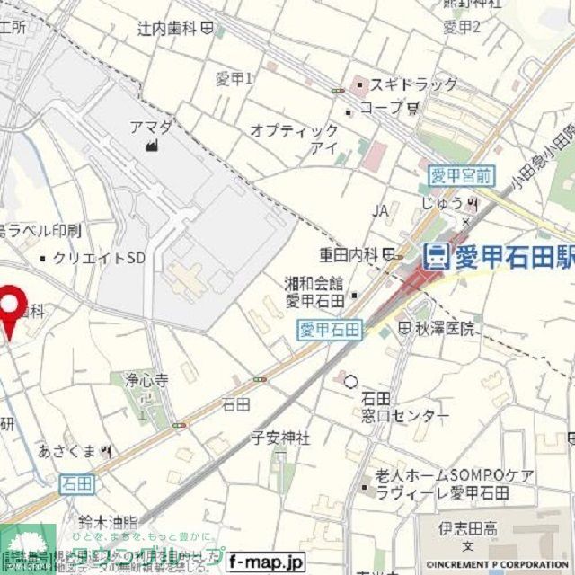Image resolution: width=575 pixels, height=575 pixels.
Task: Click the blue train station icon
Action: click(x=438, y=257)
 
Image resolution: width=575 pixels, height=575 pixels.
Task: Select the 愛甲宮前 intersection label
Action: click(x=459, y=175)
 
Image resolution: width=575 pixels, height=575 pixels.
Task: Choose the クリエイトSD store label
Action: click(x=99, y=258)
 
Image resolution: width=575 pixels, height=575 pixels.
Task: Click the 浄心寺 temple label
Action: click(x=147, y=380)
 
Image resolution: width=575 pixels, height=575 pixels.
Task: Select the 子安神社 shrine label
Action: click(x=280, y=438)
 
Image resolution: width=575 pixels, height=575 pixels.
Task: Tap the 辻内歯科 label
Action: click(x=167, y=29)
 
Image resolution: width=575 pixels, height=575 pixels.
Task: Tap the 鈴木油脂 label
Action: click(x=107, y=521)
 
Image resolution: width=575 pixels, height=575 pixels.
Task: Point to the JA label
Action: click(x=380, y=211)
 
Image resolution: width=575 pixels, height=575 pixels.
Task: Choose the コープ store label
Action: click(x=381, y=107)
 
